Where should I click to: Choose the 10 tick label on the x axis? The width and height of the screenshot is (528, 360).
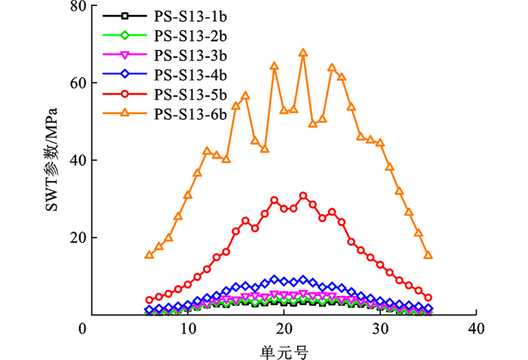186,330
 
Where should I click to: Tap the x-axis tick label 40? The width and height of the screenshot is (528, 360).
476,330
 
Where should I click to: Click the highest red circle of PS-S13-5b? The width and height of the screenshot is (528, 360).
303,196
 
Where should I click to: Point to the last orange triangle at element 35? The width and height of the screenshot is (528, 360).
428,255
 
